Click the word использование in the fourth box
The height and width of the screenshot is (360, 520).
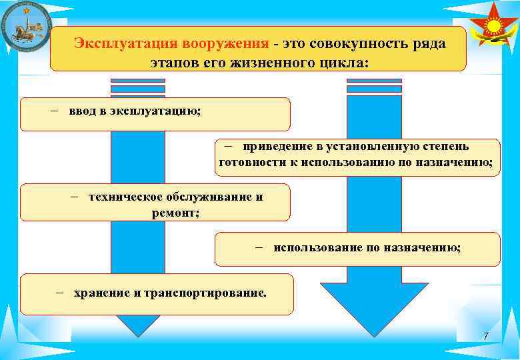[317, 247]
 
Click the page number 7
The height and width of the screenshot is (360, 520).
[486, 337]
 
